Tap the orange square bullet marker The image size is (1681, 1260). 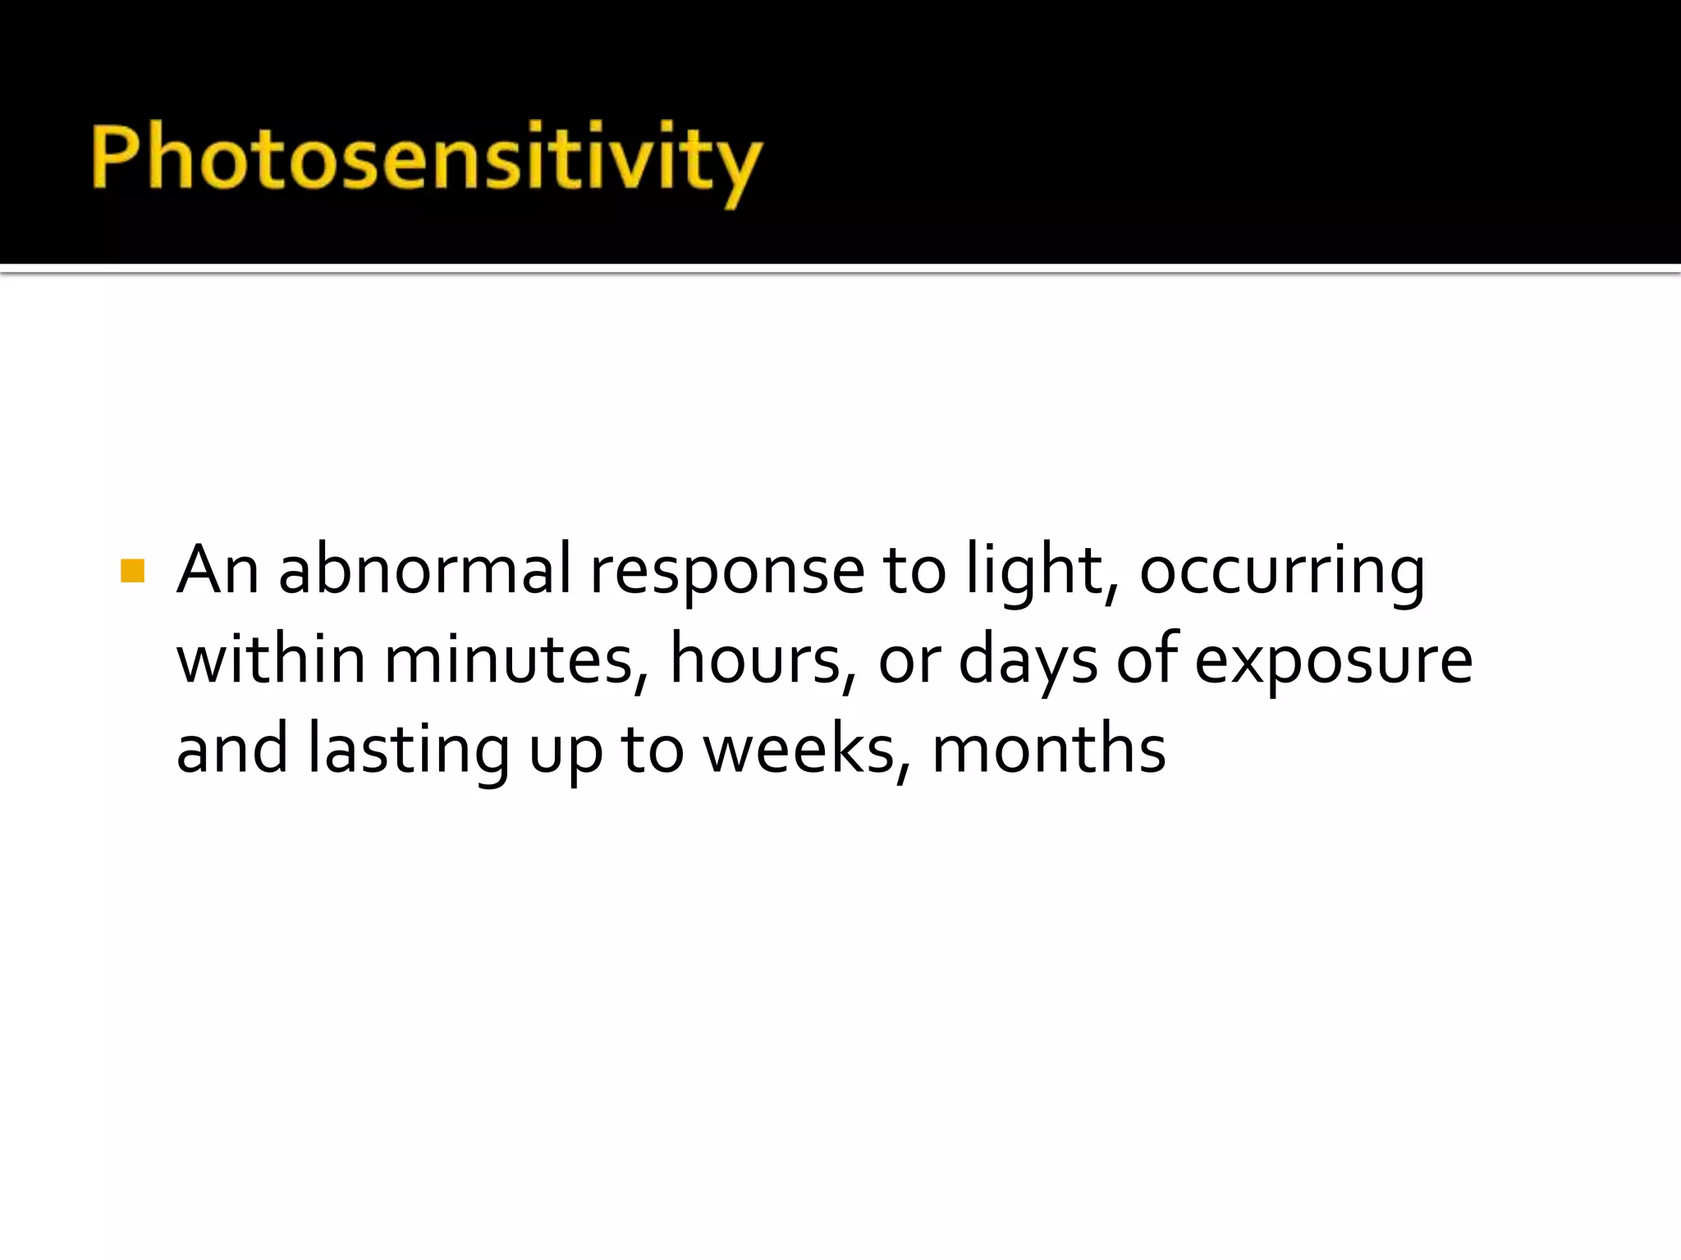132,571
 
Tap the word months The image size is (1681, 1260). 1048,749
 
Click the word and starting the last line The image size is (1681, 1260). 232,749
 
